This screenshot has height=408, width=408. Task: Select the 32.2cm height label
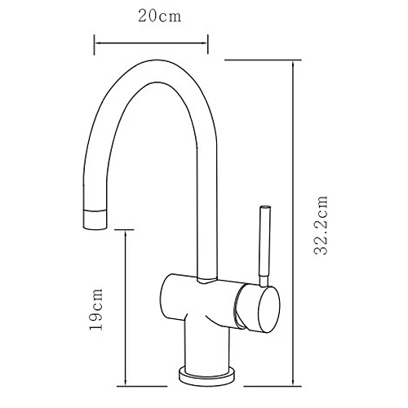322,225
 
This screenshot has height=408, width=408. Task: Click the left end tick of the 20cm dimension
95,38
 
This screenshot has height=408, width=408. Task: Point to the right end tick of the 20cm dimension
209,38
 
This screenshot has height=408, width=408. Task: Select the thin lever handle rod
264,245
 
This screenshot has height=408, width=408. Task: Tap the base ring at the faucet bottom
209,376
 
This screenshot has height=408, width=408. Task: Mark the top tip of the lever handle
264,208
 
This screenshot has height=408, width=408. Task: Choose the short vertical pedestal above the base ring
209,347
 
